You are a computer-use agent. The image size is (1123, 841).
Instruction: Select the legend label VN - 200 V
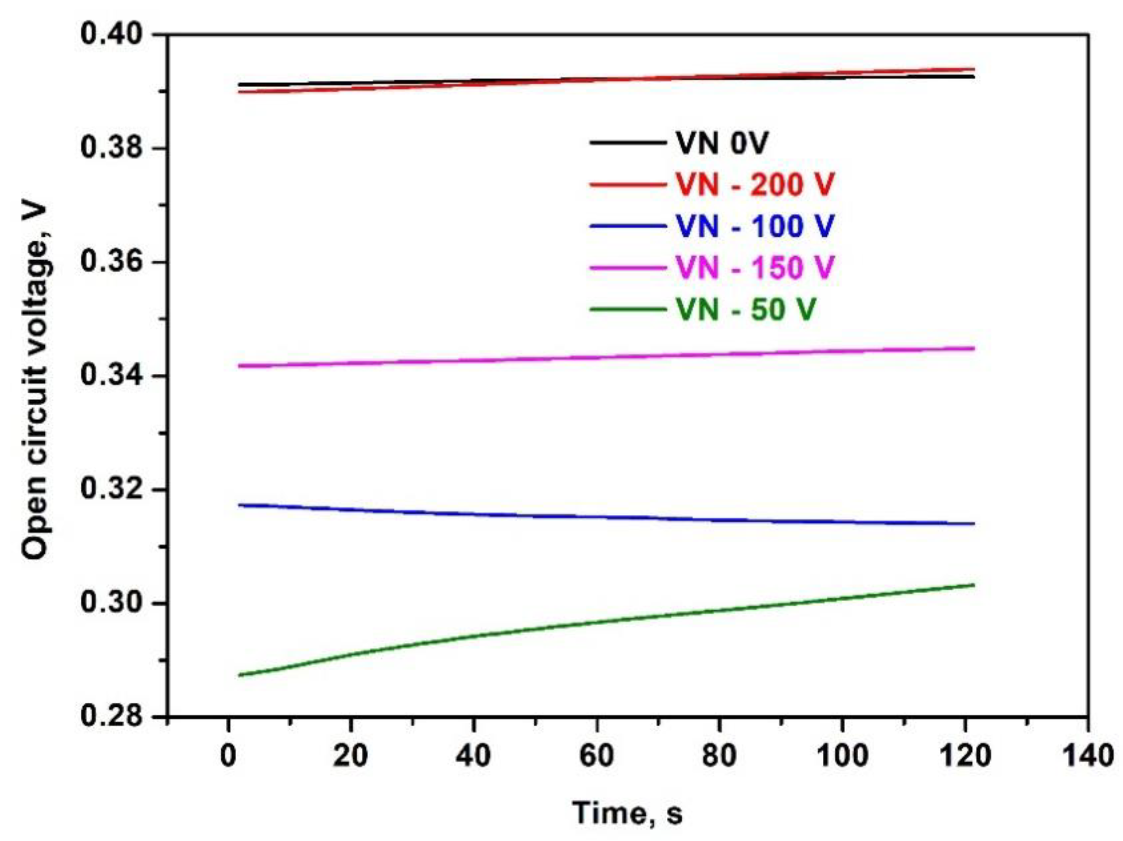[x=755, y=184]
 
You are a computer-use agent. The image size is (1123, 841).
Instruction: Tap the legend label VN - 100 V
[x=755, y=226]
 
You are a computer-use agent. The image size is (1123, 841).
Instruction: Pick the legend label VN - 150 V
[x=755, y=268]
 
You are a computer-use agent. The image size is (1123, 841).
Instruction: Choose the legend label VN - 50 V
[x=745, y=309]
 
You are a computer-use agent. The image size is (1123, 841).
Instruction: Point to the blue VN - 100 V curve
[x=609, y=517]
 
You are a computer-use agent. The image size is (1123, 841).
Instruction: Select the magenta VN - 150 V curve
[x=609, y=357]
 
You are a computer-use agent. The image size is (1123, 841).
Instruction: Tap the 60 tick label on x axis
[x=597, y=756]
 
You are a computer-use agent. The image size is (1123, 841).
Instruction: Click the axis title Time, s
[x=627, y=813]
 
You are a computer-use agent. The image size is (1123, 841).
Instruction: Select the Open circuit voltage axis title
[x=34, y=375]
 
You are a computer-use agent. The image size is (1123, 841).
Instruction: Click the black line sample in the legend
[x=627, y=143]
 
